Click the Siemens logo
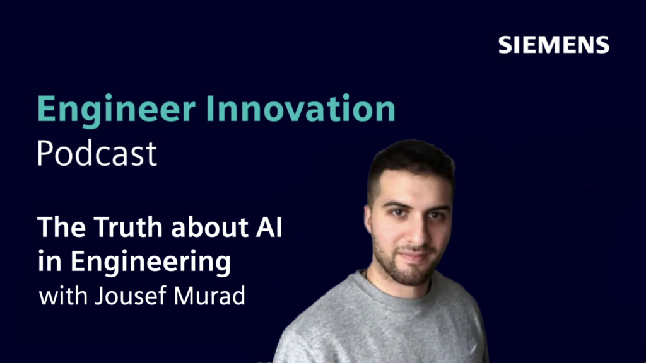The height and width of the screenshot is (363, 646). click(x=554, y=45)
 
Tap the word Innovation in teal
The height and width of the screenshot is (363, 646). click(x=300, y=108)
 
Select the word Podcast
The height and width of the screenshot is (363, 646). click(x=97, y=153)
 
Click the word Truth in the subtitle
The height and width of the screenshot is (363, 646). click(x=128, y=227)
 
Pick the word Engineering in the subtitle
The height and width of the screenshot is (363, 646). click(x=151, y=263)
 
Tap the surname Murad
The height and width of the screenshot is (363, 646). click(x=209, y=296)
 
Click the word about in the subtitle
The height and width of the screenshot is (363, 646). click(x=209, y=227)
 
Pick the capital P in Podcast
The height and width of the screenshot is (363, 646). click(x=45, y=153)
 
